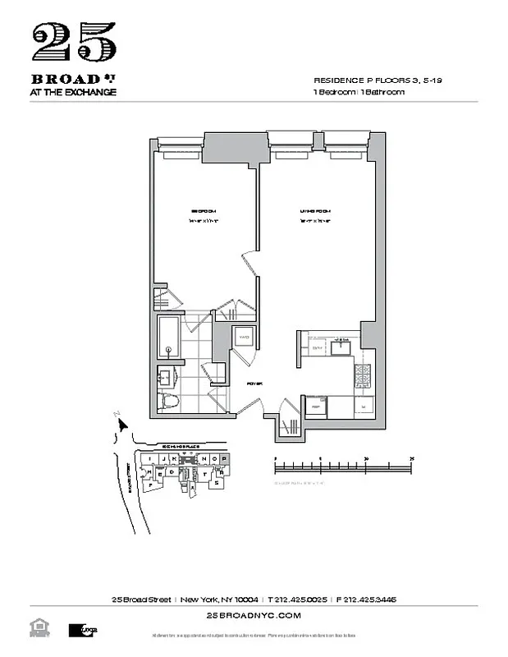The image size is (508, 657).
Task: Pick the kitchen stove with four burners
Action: click(363, 377)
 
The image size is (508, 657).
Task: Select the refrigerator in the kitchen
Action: click(316, 406)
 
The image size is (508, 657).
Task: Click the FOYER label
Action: click(253, 383)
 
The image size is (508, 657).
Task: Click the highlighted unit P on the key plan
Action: click(223, 457)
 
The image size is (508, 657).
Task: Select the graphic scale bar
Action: click(343, 466)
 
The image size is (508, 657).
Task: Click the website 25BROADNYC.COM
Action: click(254, 614)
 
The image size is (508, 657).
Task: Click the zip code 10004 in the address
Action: click(245, 599)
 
